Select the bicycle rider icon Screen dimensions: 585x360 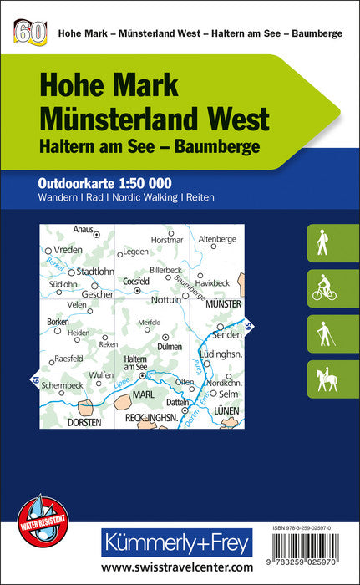324,288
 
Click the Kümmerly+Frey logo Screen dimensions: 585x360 175,543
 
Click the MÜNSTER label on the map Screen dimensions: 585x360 222,303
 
